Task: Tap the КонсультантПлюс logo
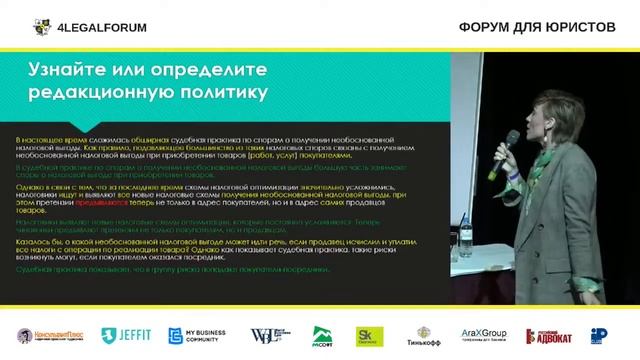(53, 336)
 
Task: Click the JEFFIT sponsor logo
(128, 336)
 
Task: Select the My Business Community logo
(201, 336)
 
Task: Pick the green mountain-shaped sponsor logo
(322, 336)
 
